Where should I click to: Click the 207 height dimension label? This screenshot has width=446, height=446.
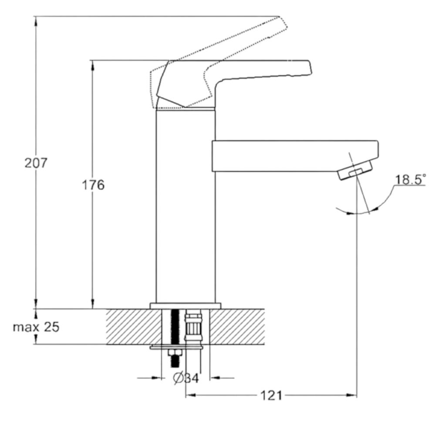click(36, 163)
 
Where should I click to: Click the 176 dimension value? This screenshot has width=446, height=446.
click(93, 185)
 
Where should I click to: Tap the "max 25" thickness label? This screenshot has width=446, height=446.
click(36, 327)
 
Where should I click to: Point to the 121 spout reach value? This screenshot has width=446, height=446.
click(271, 395)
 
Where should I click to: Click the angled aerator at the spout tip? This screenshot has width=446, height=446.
click(355, 170)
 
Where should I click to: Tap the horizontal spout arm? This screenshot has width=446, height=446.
click(295, 156)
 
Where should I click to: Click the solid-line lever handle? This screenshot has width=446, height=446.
click(233, 82)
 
